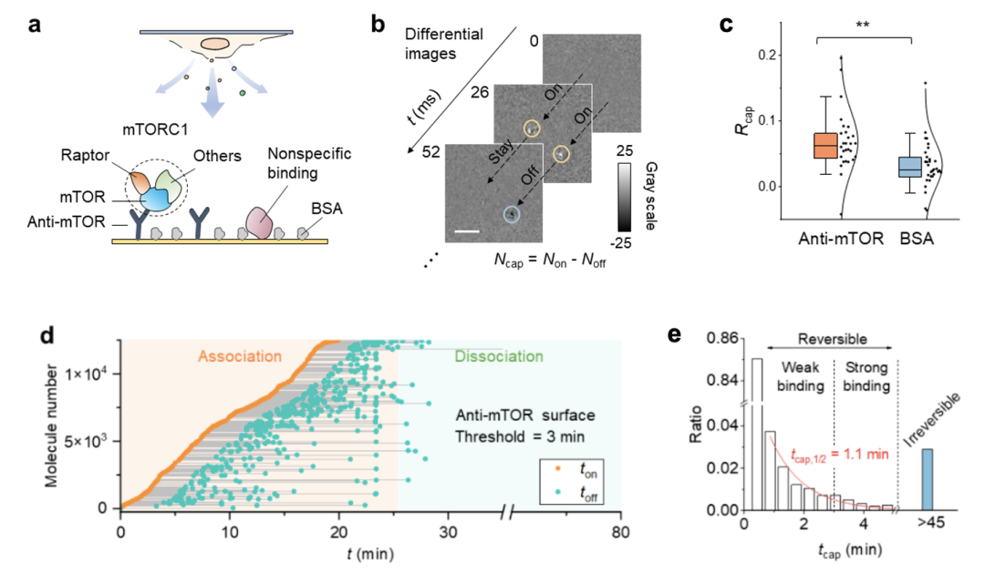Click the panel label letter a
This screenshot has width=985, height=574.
click(36, 25)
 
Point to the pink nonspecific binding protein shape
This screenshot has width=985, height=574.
click(262, 220)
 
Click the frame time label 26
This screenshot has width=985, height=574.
click(481, 92)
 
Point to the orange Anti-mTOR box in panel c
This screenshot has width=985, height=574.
click(824, 145)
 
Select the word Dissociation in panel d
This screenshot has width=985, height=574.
click(498, 356)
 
